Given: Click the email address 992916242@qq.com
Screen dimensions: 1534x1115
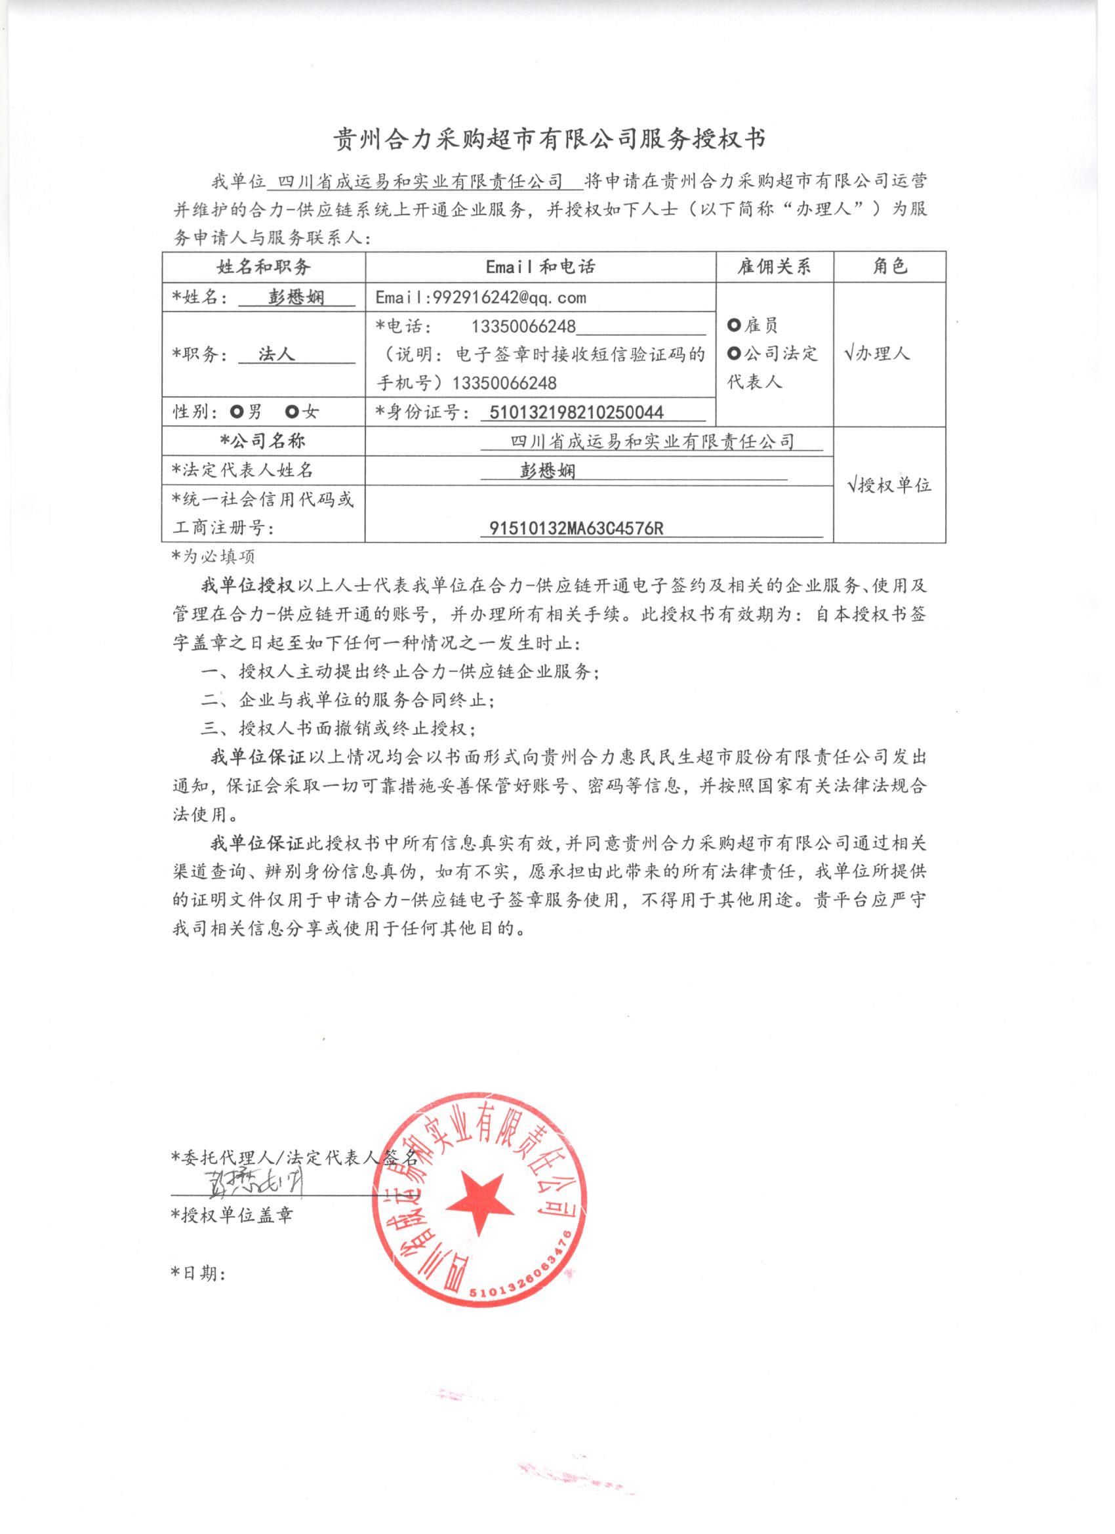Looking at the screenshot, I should coord(481,298).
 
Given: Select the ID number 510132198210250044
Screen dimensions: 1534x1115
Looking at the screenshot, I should coord(571,412).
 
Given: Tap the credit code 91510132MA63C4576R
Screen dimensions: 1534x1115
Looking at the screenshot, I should coord(575,528).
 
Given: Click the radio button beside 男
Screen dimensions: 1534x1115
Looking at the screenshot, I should coord(237,411).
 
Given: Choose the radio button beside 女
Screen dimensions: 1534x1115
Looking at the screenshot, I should coord(291,411).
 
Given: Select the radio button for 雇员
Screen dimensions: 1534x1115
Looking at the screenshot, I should coord(734,325).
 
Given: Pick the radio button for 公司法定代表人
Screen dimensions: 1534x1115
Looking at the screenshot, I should coord(734,353).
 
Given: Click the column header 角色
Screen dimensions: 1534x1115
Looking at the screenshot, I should coord(889,266).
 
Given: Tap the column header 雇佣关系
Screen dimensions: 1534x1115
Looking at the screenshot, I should coord(774,266).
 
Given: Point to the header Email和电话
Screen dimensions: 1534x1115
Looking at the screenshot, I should coord(540,266).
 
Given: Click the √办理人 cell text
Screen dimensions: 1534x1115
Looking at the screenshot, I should coord(878,353).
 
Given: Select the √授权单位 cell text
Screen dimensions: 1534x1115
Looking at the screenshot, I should coord(889,484).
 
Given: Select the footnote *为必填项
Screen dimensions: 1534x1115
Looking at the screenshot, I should coord(213,556).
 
